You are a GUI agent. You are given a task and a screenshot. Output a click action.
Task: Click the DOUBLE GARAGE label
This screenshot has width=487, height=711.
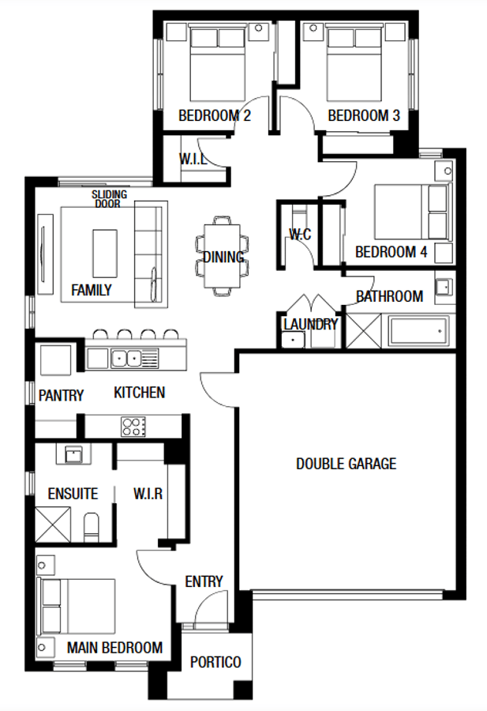[x=346, y=464]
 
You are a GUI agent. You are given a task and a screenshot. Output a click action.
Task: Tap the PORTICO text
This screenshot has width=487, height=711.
[x=215, y=662]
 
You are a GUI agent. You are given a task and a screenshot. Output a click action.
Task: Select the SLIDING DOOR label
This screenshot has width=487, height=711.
[x=109, y=198]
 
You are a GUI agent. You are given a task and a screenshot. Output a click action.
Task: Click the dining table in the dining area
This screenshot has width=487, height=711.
[x=221, y=256]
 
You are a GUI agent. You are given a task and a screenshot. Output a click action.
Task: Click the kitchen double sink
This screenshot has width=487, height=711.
[x=125, y=359]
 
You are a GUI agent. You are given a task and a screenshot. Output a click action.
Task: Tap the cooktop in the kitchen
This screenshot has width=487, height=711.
[x=133, y=427]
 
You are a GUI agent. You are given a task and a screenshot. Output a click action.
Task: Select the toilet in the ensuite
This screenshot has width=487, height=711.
[x=91, y=525]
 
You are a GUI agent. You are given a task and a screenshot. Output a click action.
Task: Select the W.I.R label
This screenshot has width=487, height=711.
[x=148, y=494]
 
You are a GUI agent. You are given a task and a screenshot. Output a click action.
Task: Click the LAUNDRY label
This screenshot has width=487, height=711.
[x=310, y=324]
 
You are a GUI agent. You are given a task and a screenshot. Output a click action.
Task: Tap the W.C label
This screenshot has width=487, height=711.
[x=299, y=235]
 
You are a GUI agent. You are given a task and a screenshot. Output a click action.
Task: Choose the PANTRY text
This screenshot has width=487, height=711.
[x=61, y=395]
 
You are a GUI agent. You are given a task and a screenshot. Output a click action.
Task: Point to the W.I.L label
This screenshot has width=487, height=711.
[x=193, y=159]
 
